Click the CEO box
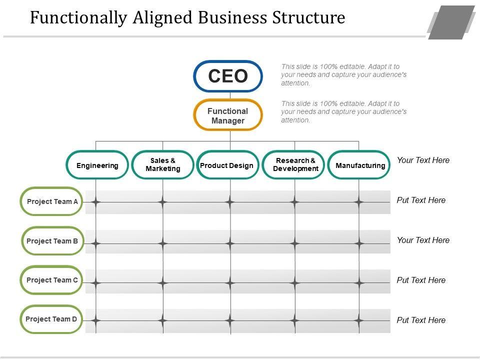click(x=228, y=76)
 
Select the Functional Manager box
click(x=228, y=115)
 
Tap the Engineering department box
click(x=97, y=165)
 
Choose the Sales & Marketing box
click(x=163, y=165)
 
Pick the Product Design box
click(x=227, y=165)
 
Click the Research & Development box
click(x=295, y=165)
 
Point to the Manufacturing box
click(x=360, y=165)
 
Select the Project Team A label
click(x=52, y=202)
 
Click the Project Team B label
click(x=52, y=241)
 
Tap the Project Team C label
click(x=52, y=280)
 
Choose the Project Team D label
click(x=51, y=319)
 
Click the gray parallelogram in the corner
click(x=451, y=22)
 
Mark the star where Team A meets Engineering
click(x=96, y=202)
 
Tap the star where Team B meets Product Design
click(x=230, y=243)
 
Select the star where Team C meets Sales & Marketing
click(x=163, y=283)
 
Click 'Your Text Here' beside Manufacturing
click(x=423, y=160)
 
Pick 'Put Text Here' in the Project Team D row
click(x=421, y=320)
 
